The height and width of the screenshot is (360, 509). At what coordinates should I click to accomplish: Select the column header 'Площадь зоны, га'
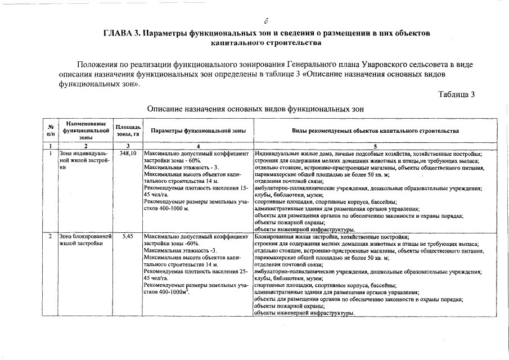[x=128, y=130]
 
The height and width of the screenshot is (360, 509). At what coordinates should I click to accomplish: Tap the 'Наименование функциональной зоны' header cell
[x=85, y=130]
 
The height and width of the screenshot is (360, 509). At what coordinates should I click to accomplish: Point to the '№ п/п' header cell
[x=51, y=130]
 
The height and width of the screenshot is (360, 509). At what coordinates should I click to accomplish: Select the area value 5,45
[x=128, y=237]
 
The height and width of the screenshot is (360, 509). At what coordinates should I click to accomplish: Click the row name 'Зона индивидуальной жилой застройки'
[x=84, y=160]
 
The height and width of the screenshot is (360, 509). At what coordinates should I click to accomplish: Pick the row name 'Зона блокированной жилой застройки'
[x=85, y=240]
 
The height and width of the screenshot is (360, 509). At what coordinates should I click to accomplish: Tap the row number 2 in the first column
[x=51, y=237]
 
